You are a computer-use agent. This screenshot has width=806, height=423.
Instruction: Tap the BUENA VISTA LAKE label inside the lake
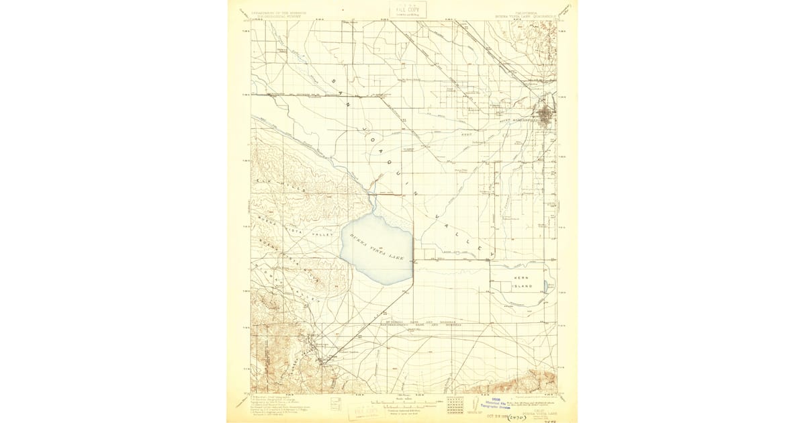click(x=377, y=248)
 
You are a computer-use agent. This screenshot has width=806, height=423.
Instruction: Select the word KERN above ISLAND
click(x=522, y=277)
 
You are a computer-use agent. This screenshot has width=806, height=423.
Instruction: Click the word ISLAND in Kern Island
click(x=523, y=286)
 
